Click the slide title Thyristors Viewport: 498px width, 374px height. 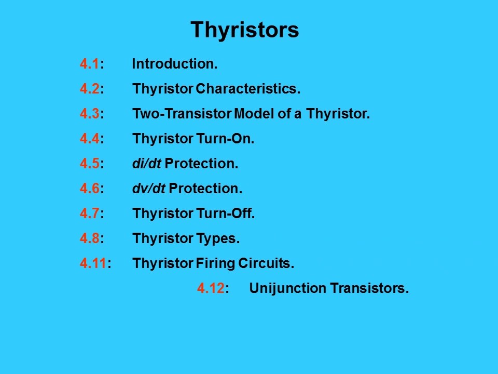pos(244,30)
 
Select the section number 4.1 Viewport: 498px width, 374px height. pos(89,64)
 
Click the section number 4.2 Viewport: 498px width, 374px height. pos(89,89)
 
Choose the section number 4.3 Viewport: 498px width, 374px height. pos(89,114)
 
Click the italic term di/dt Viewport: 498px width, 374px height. pos(146,164)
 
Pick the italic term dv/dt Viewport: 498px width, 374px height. pos(148,189)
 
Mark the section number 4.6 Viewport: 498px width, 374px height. pos(89,189)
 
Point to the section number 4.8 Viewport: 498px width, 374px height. pos(89,239)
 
